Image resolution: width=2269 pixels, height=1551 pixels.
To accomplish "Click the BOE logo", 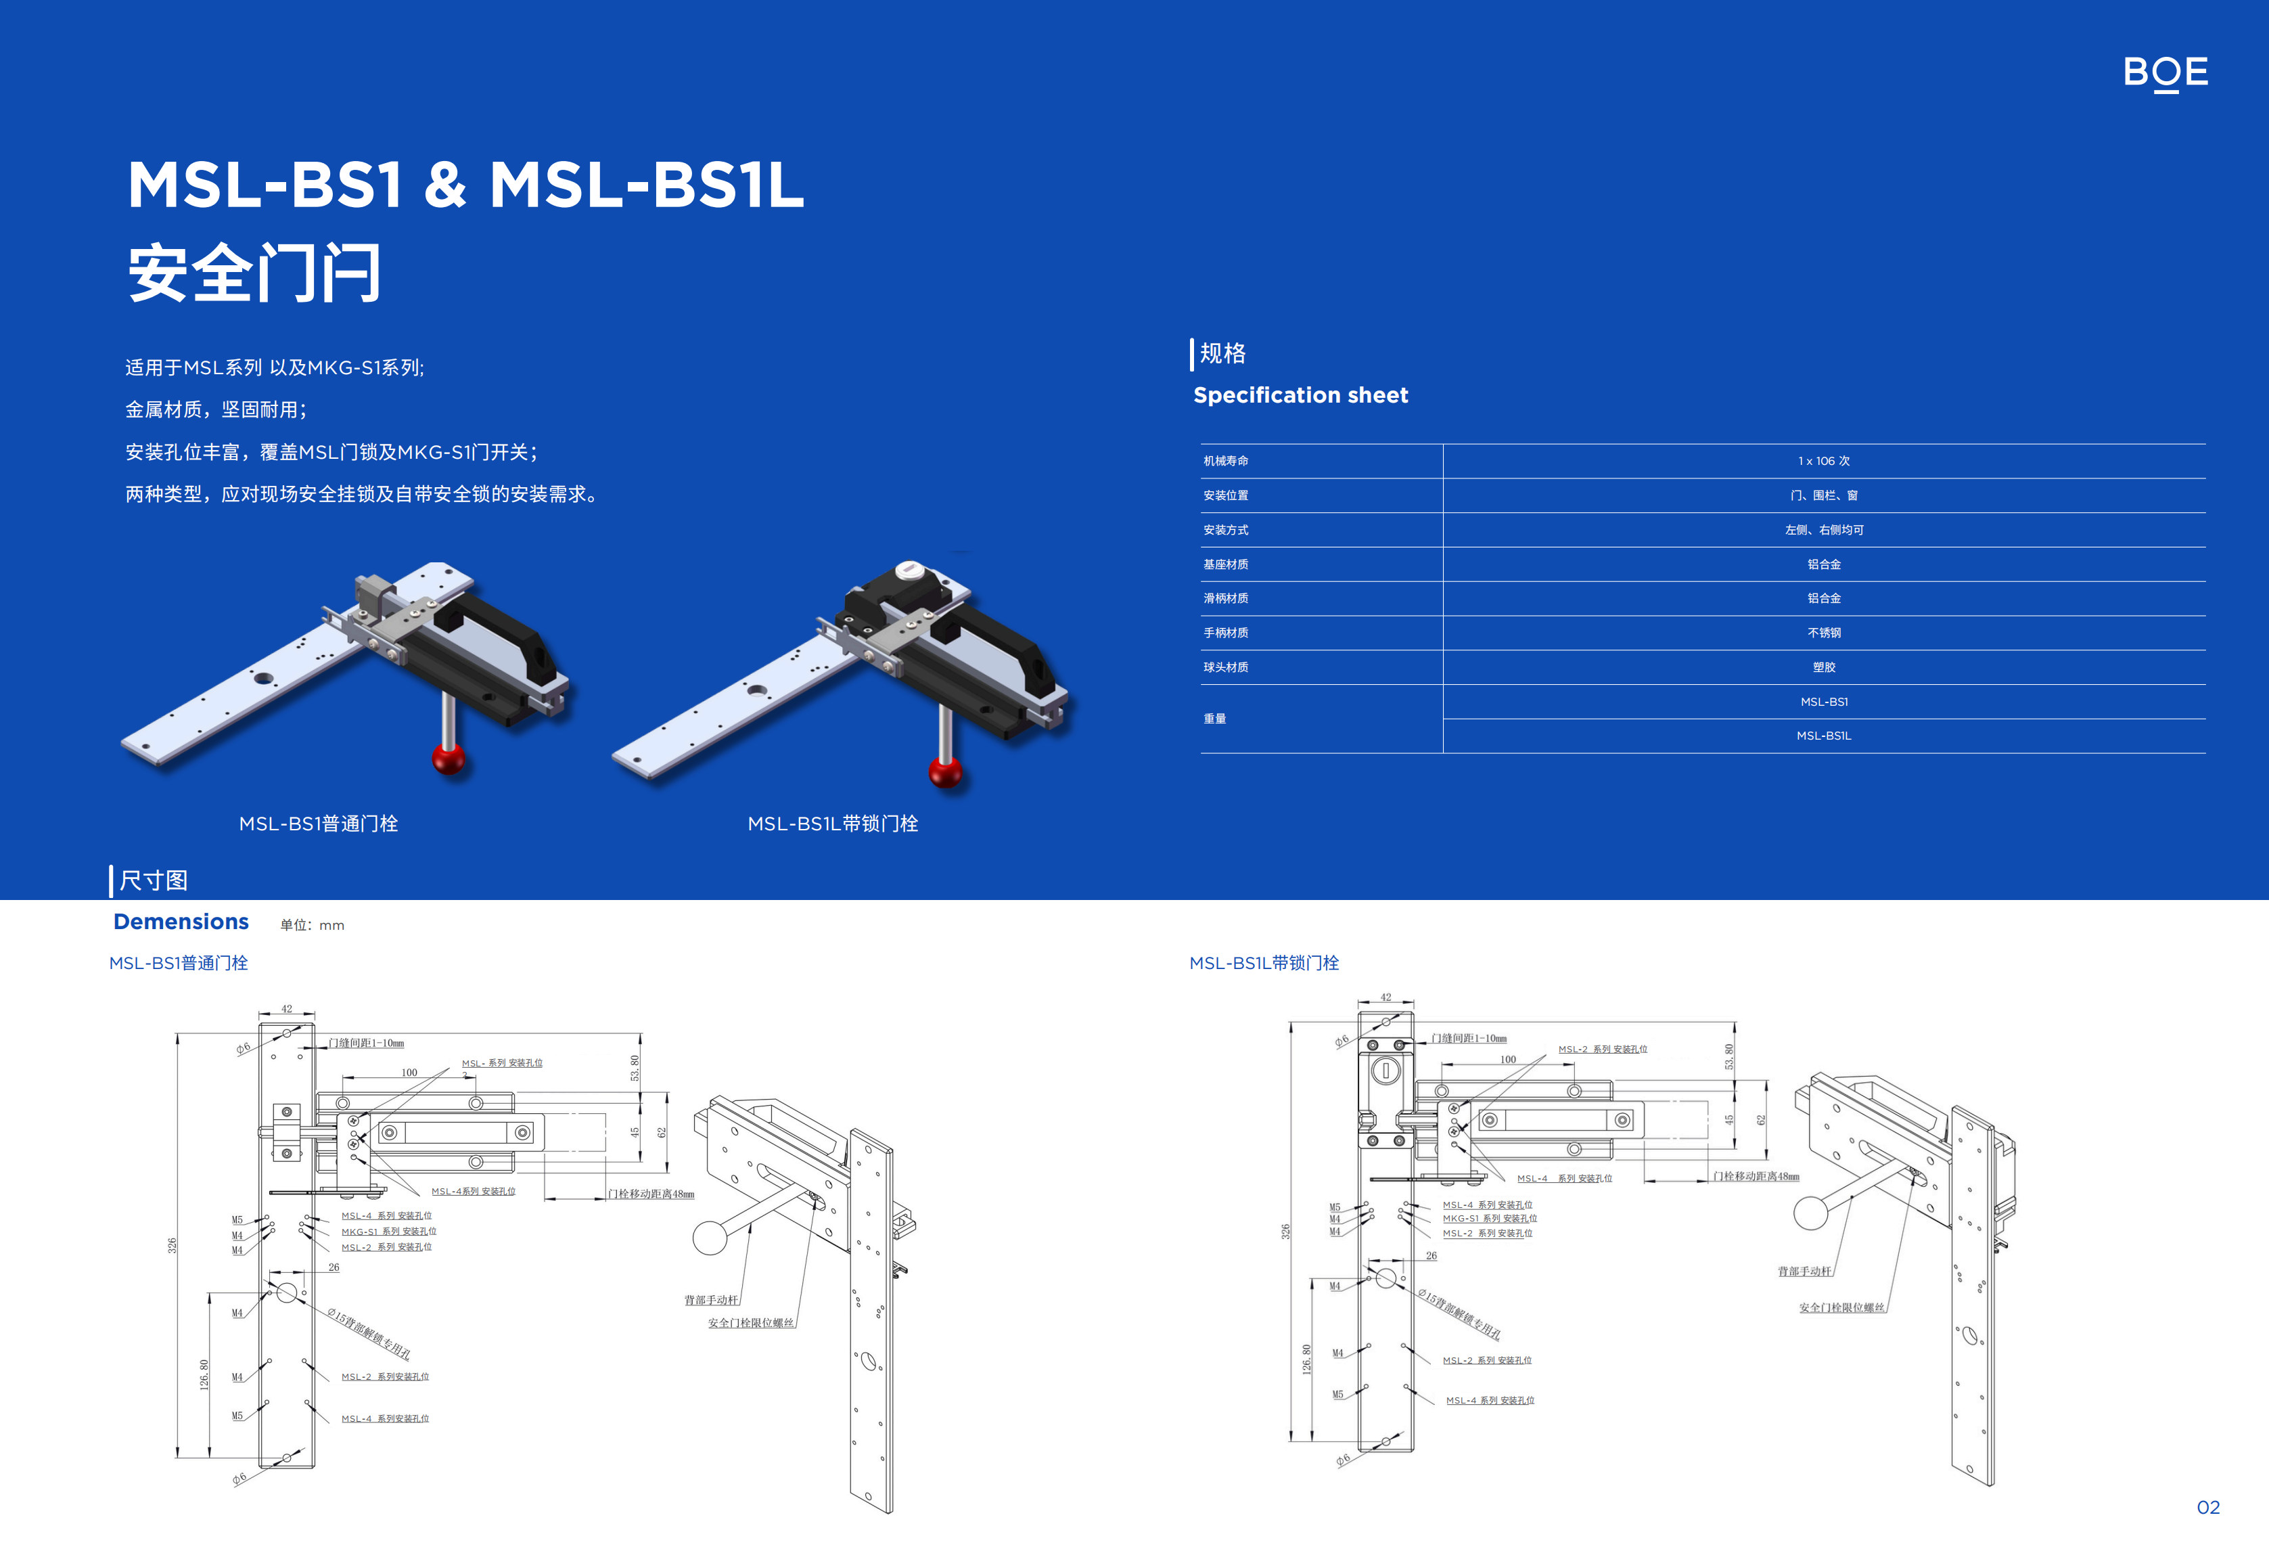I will point(2165,72).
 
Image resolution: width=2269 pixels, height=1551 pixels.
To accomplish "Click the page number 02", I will point(2207,1507).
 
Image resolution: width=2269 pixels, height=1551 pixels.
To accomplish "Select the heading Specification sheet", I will point(1300,396).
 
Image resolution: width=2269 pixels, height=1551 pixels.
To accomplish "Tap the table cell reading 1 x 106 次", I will point(1823,461).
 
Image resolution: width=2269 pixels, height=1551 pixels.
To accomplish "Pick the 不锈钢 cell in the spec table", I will point(1823,633).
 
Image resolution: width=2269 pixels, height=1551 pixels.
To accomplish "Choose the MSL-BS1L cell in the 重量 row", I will point(1823,736).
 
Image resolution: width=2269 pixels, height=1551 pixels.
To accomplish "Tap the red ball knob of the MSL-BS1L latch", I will point(945,771).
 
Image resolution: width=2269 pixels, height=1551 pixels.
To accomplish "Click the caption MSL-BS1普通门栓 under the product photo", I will point(318,824).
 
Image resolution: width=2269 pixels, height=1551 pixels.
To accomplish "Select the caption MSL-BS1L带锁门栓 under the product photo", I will point(832,824).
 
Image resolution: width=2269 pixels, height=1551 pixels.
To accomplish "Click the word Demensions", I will point(181,922).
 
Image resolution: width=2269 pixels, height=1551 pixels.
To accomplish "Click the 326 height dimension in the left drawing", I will point(172,1245).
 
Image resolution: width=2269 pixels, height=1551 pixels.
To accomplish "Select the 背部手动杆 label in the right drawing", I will point(1804,1271).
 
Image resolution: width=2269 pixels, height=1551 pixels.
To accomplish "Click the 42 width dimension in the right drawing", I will point(1385,997).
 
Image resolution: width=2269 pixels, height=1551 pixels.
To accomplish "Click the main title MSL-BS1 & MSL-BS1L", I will point(465,185).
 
